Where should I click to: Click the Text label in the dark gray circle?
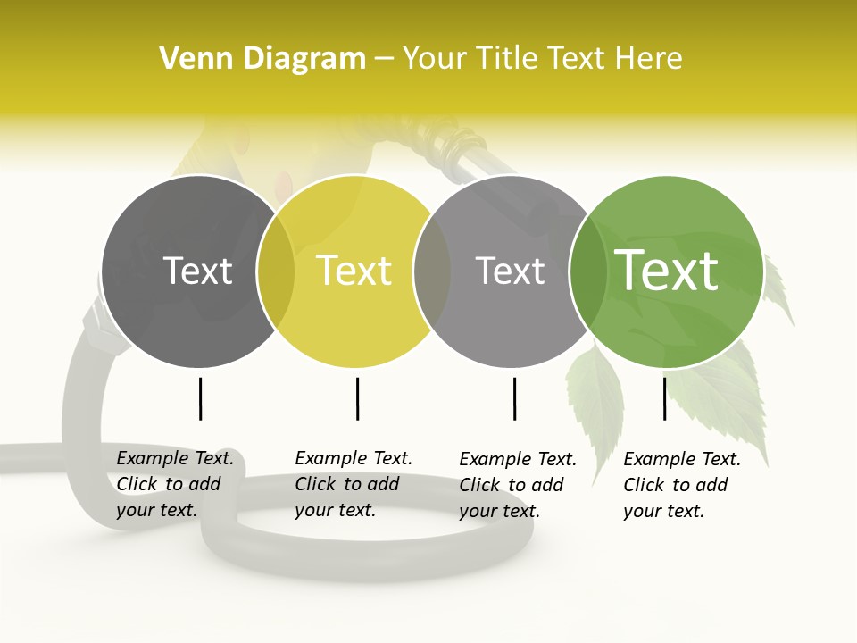pos(197,271)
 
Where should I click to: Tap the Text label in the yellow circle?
pos(354,271)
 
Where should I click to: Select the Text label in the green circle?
pos(666,271)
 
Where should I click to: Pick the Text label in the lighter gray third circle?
pos(510,271)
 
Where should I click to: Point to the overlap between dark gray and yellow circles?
pos(276,271)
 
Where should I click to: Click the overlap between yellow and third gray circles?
pos(432,271)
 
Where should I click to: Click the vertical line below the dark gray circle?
pos(200,398)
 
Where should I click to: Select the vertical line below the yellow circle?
pos(357,398)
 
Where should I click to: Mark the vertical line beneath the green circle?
pos(664,398)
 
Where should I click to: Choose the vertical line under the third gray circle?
pos(514,398)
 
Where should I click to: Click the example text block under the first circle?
pos(175,484)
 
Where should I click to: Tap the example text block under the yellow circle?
pos(354,484)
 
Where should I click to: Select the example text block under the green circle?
pos(682,485)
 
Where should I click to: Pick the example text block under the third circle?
pos(518,485)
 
